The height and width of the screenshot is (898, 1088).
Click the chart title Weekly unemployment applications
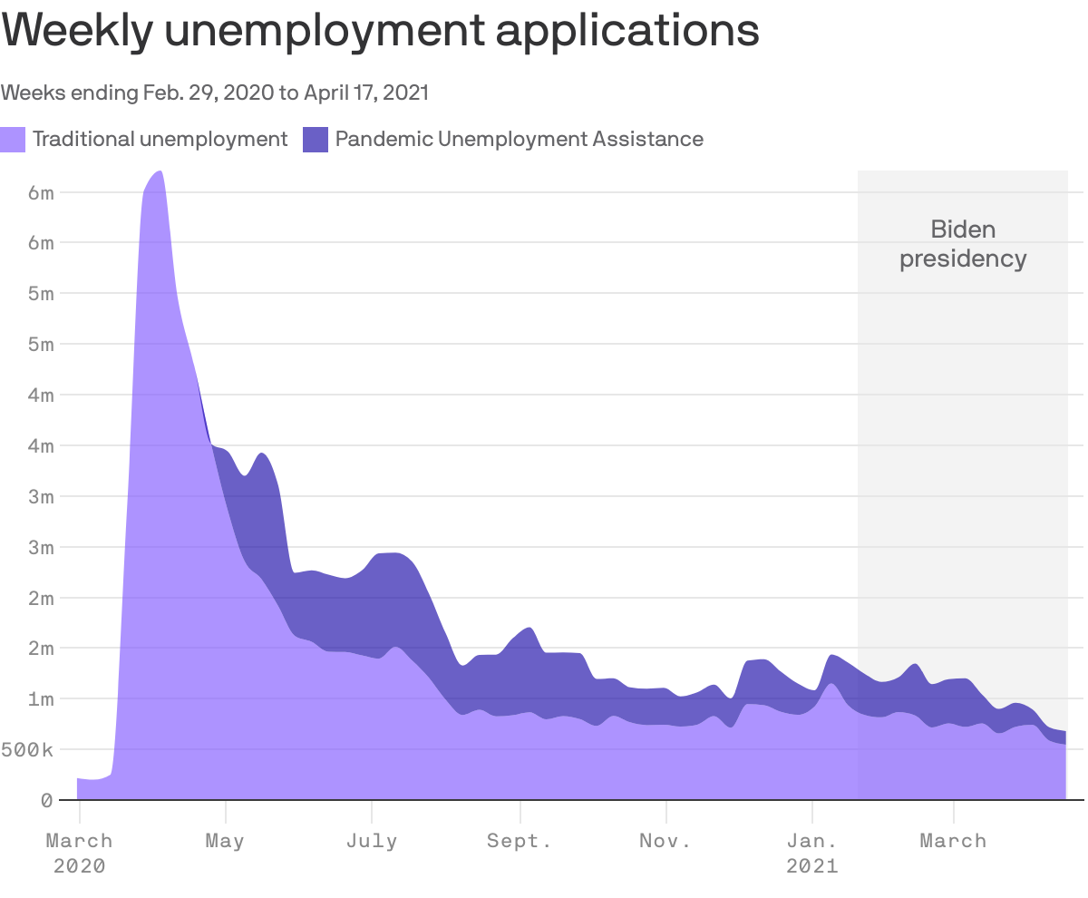pos(380,33)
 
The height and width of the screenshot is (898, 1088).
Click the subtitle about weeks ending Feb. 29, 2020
pos(215,93)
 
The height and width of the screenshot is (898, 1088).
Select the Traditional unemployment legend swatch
pos(13,139)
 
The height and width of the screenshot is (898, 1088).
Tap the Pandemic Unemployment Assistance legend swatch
pos(315,139)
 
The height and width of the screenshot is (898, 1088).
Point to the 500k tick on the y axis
pos(29,749)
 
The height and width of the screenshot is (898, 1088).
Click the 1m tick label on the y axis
pos(41,698)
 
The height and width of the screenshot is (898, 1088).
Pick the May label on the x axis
pos(225,841)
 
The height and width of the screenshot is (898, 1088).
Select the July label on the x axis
pos(372,841)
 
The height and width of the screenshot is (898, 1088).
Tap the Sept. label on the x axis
pos(520,841)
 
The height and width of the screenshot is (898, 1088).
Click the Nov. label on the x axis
pos(665,841)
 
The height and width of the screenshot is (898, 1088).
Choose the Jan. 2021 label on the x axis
pos(812,853)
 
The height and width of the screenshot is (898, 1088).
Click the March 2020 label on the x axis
pos(80,853)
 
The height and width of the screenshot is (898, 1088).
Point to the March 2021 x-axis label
pos(953,841)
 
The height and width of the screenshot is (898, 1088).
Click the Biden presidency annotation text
pos(963,244)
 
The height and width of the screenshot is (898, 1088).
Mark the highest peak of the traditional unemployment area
pos(159,172)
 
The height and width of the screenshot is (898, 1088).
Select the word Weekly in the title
pos(78,33)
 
